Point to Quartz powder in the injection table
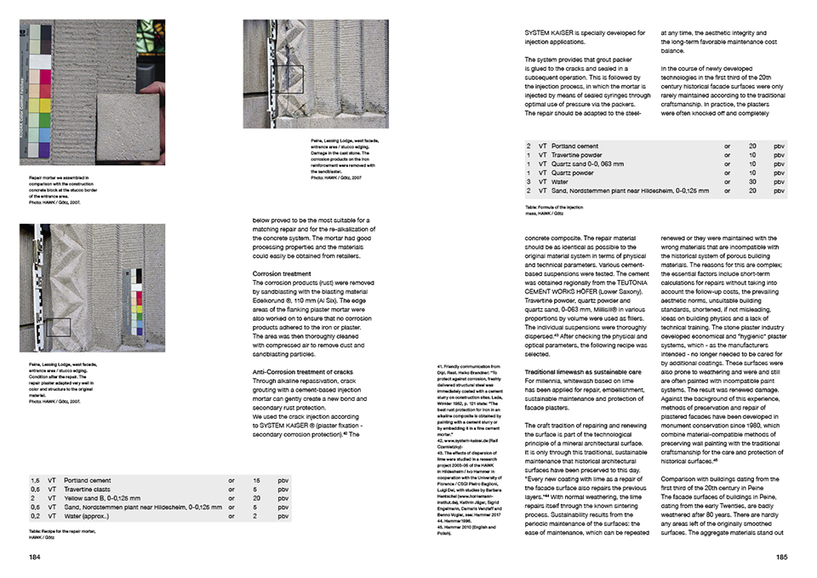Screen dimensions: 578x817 point(571,173)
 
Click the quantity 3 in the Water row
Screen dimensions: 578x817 point(528,181)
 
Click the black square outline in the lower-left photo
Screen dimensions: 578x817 point(58,327)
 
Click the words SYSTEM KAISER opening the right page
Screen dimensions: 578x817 point(548,33)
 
